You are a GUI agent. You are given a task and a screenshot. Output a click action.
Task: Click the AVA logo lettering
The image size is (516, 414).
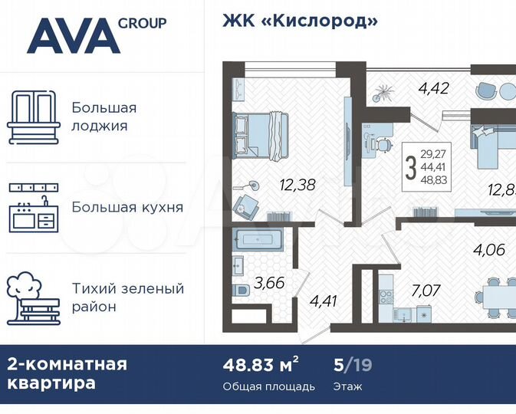[73, 35]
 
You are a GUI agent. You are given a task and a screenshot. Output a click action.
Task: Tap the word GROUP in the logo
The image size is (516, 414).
[143, 22]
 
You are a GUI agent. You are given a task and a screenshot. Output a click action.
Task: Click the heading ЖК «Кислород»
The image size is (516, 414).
[300, 21]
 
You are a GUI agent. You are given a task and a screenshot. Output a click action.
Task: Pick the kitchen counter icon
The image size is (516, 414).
[33, 207]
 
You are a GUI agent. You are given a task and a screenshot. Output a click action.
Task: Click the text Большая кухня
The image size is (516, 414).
[127, 207]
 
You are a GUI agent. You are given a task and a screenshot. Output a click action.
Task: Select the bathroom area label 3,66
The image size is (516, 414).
[270, 283]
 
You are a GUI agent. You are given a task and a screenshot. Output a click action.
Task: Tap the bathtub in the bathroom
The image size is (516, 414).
[258, 239]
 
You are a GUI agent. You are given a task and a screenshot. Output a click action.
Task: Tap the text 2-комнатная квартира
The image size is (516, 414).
[67, 373]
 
